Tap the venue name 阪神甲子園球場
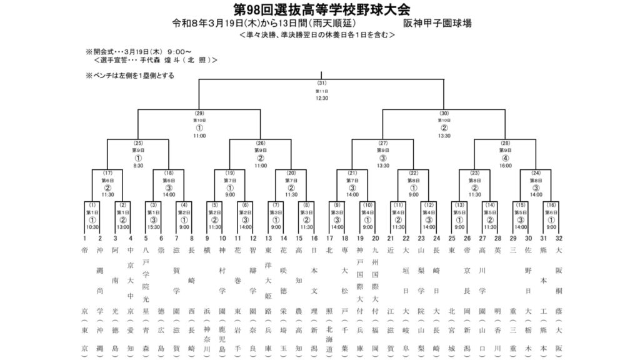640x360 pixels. point(437,24)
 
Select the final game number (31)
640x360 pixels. point(322,83)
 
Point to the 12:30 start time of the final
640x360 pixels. point(322,98)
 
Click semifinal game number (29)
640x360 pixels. point(199,113)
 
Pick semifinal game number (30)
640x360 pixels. point(444,113)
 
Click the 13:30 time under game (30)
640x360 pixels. point(444,136)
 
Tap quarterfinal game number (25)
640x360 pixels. point(138,143)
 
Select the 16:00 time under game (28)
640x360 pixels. point(506,166)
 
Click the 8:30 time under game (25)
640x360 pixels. point(138,166)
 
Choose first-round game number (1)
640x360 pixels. point(92,204)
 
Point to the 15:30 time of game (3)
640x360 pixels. point(154,227)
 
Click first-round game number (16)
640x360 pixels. point(551,204)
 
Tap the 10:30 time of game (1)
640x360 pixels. point(92,227)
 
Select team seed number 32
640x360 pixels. point(559,238)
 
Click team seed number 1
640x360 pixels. point(84,238)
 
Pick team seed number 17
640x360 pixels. point(329,238)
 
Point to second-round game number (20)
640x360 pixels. point(291,173)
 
